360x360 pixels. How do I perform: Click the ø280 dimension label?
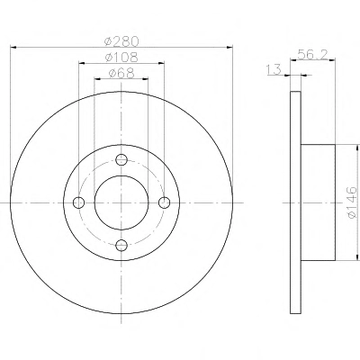click(121, 41)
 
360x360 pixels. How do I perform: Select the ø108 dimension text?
click(121, 57)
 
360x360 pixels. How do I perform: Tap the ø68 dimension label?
click(121, 73)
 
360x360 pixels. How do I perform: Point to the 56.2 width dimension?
click(312, 55)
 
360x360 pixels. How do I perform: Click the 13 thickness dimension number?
click(274, 69)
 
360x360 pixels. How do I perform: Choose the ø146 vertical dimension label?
click(352, 202)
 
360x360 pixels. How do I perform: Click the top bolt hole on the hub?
click(121, 159)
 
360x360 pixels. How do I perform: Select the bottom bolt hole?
click(121, 246)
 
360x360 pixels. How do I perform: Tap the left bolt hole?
click(78, 202)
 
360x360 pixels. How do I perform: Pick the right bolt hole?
click(164, 202)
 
